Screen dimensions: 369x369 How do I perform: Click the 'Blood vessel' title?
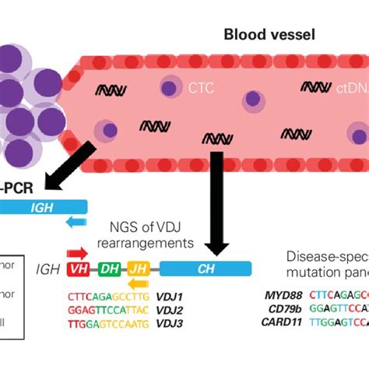click(x=262, y=34)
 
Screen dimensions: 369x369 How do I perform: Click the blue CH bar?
click(x=206, y=269)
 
